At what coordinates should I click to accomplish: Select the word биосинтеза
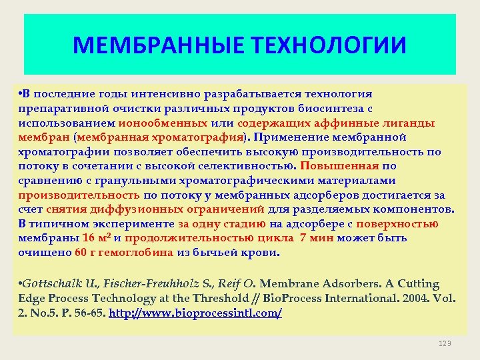(332, 109)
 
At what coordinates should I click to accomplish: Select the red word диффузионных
(141, 209)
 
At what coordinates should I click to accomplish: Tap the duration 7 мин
(317, 238)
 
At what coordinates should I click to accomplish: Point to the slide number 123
(445, 343)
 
